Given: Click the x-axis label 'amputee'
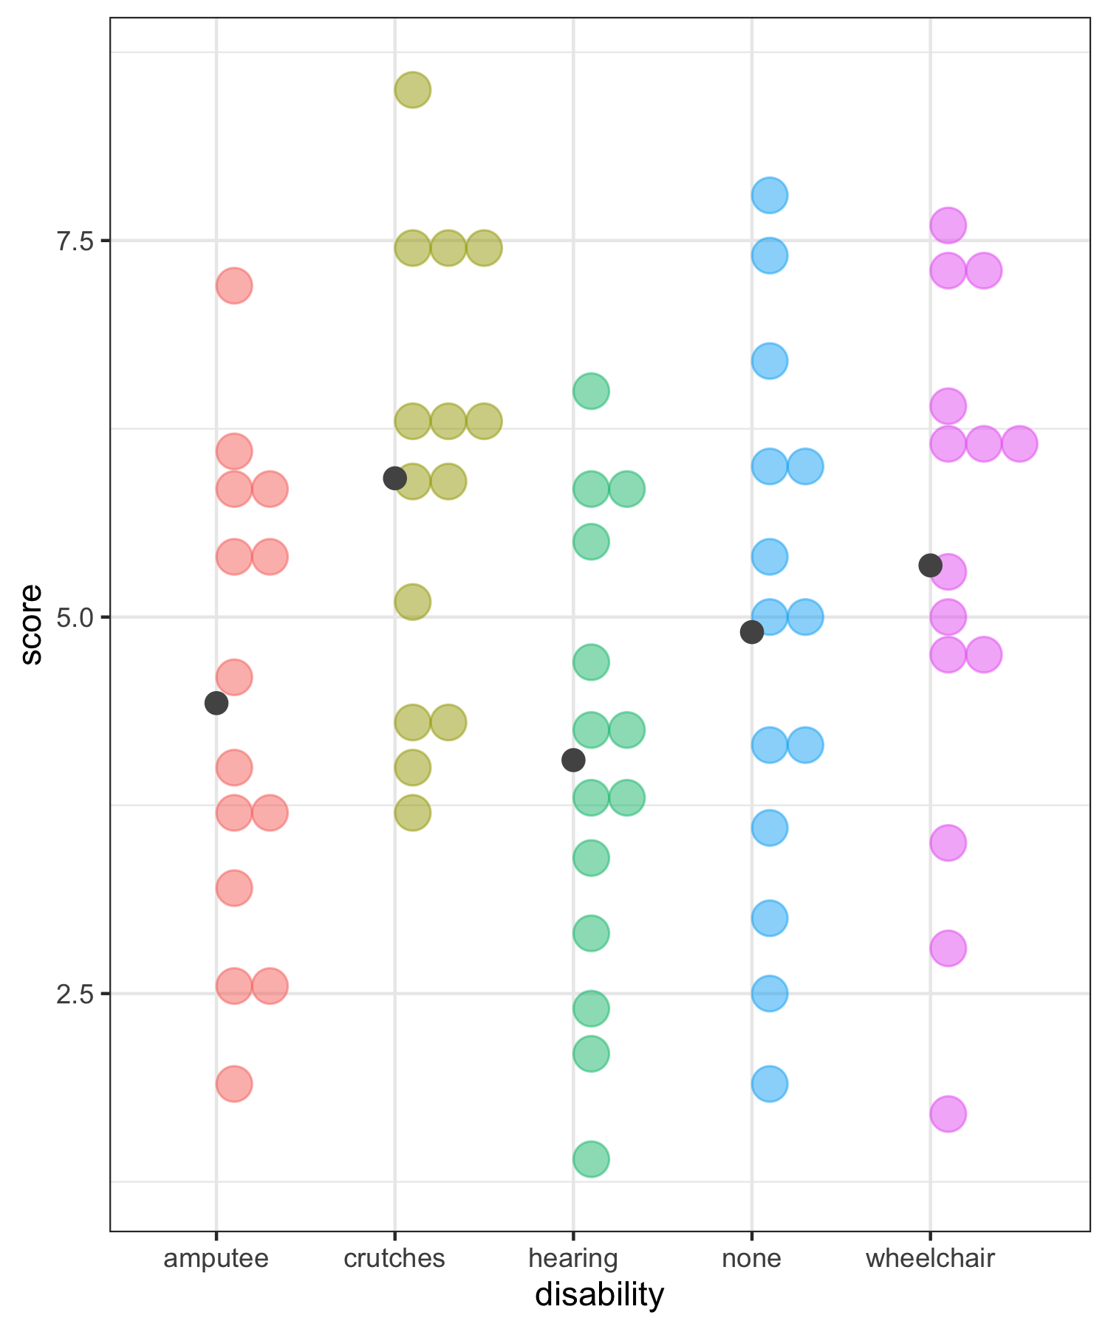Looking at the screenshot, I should coord(216,1257).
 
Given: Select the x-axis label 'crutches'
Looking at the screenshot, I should coord(394,1257).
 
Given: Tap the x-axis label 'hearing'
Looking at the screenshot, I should coord(572,1257).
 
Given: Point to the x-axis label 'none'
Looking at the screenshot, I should coord(751,1257).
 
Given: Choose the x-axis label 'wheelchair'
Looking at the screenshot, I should coord(930,1257).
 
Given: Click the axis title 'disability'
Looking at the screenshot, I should coord(600,1295).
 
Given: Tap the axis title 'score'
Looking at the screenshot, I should coord(31,625).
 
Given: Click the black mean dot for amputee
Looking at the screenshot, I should coord(216,703).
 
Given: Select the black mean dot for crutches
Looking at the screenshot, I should coord(394,478).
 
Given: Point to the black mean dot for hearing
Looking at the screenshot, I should coord(572,759).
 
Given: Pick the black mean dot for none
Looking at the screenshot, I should coord(751,632).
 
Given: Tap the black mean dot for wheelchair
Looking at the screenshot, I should coord(930,566).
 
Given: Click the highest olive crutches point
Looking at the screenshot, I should coord(413,90).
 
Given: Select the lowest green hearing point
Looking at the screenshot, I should coord(591,1158).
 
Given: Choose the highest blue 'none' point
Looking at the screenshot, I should coord(770,196).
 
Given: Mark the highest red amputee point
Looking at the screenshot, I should coord(234,285).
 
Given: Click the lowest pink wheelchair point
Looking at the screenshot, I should coord(948,1113).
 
